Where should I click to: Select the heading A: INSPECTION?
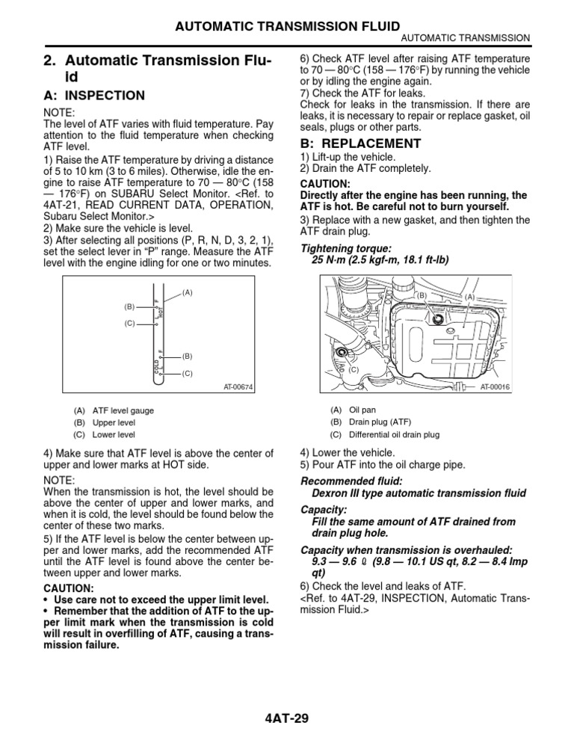pos(92,96)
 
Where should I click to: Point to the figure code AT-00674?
pos(238,387)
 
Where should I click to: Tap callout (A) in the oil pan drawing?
pos(470,297)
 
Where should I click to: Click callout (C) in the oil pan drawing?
pos(354,370)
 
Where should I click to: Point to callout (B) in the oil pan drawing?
pos(420,295)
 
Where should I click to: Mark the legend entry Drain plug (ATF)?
pos(380,422)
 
